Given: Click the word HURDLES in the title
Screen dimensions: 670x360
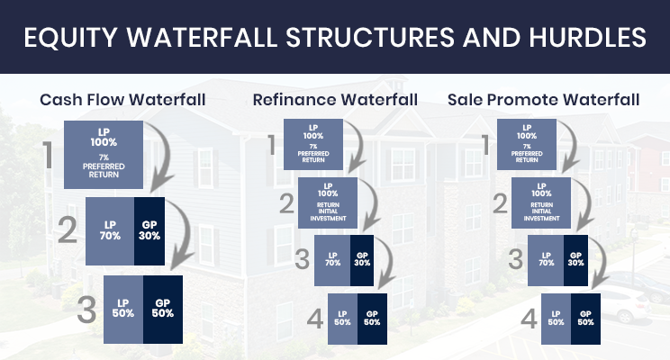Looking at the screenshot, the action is click(587, 37).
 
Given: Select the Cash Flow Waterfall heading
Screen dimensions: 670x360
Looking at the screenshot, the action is click(122, 100).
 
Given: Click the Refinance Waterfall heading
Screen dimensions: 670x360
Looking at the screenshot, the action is click(335, 100).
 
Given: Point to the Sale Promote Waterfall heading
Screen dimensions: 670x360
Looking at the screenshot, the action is click(543, 100).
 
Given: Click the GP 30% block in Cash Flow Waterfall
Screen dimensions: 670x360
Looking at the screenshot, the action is click(149, 231).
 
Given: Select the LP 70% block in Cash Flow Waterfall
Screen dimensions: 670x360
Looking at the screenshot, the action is click(110, 231).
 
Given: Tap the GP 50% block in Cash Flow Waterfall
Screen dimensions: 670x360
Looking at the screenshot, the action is click(163, 310).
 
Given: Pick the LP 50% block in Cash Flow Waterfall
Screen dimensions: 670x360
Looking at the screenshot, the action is click(123, 310).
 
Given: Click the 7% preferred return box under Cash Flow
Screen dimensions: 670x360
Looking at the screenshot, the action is click(104, 155).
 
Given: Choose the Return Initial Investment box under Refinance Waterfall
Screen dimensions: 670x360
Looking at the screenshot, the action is click(328, 203).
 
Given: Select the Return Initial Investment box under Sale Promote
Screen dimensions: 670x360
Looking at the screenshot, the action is click(541, 203).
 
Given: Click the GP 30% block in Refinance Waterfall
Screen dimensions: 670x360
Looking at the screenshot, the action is click(362, 260).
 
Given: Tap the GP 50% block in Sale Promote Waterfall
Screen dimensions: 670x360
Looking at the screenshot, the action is click(585, 319).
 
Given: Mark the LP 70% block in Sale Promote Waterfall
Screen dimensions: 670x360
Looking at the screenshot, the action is click(546, 260).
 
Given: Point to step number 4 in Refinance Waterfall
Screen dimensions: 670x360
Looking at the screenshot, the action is click(315, 319).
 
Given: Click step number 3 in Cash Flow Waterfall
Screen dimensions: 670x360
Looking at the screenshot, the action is click(86, 310).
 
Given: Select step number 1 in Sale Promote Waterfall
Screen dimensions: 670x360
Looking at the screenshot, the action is click(485, 145).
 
